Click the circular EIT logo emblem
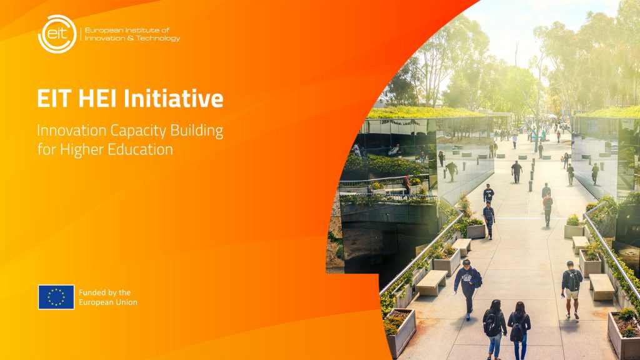click(57, 34)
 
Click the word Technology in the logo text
click(159, 39)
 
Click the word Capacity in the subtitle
click(131, 131)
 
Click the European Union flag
click(56, 297)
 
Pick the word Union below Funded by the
click(125, 302)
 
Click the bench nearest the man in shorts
click(601, 286)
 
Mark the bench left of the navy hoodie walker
click(431, 282)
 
